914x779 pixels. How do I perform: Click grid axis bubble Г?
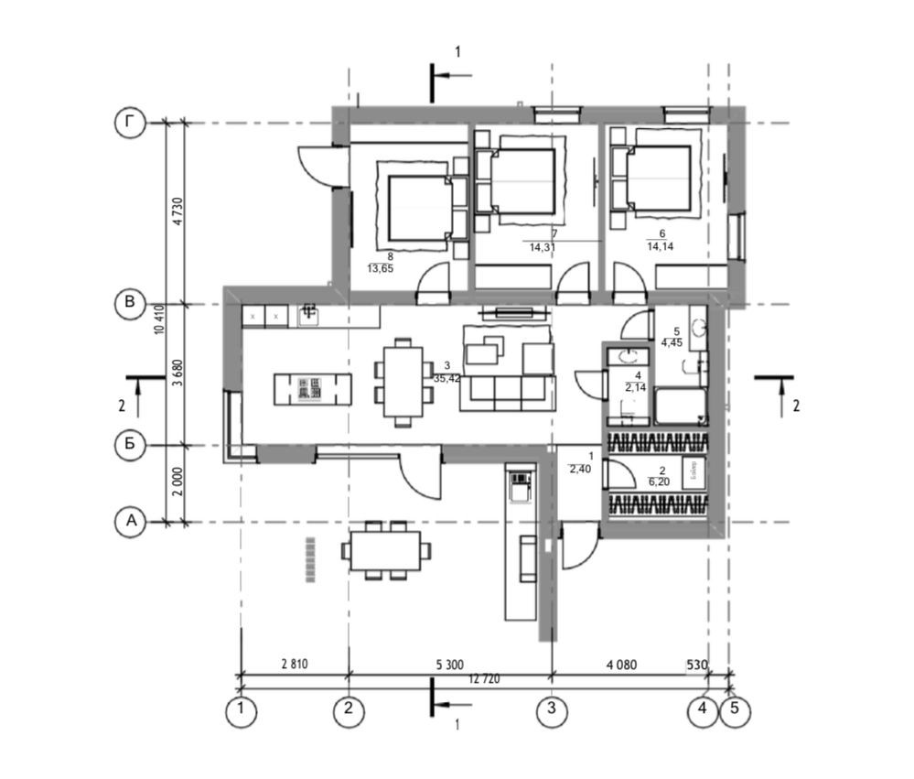coord(130,123)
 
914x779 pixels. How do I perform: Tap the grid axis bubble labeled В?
coord(130,303)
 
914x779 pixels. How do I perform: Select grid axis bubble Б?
coord(130,446)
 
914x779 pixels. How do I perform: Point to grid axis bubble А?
coord(130,522)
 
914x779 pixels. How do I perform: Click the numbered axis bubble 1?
coord(241,711)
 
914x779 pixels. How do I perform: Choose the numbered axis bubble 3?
coord(551,711)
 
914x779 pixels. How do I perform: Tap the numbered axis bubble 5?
coord(735,711)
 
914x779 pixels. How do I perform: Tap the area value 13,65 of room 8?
coord(391,269)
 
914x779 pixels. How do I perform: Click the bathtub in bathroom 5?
coord(680,406)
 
